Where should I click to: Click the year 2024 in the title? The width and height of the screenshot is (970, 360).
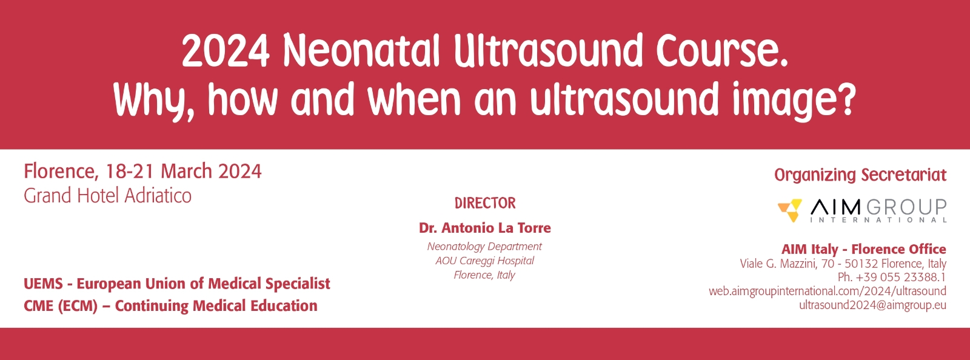[x=226, y=52]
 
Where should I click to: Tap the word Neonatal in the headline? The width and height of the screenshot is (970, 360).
[x=361, y=51]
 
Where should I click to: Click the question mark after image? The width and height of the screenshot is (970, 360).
[x=845, y=98]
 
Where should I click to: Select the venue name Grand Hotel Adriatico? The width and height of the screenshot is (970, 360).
[x=107, y=196]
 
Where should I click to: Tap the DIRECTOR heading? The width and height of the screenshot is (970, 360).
[x=485, y=203]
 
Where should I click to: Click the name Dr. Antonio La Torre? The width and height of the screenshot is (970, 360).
[x=484, y=228]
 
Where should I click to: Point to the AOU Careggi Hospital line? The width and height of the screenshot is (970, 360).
[x=484, y=261]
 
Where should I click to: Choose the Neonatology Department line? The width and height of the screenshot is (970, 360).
[x=484, y=246]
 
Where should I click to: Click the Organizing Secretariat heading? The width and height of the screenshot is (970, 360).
[x=860, y=175]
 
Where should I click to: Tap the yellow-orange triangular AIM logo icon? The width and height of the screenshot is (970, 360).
[x=790, y=210]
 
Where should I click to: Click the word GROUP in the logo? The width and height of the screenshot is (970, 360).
[x=907, y=207]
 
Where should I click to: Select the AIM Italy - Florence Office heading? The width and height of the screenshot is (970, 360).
[x=863, y=249]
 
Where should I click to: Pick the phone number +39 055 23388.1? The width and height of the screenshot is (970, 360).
[x=901, y=277]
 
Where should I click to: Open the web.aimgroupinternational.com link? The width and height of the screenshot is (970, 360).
[x=827, y=291]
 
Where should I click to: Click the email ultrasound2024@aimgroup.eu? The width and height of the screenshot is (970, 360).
[x=872, y=305]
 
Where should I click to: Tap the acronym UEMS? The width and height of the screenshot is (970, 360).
[x=43, y=284]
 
